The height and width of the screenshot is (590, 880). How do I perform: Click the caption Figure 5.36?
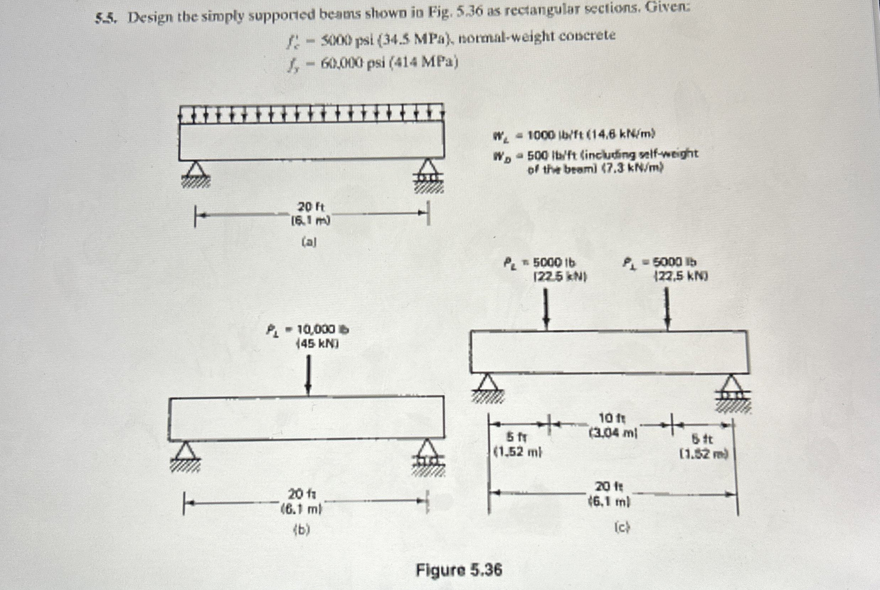click(458, 570)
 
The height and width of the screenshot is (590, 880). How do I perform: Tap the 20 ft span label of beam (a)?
click(311, 207)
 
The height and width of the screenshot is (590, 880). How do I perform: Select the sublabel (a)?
click(309, 243)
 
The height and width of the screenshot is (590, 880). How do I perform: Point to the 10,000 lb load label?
click(322, 330)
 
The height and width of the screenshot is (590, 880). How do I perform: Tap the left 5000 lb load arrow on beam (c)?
click(547, 309)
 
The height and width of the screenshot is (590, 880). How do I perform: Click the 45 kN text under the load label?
click(317, 344)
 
